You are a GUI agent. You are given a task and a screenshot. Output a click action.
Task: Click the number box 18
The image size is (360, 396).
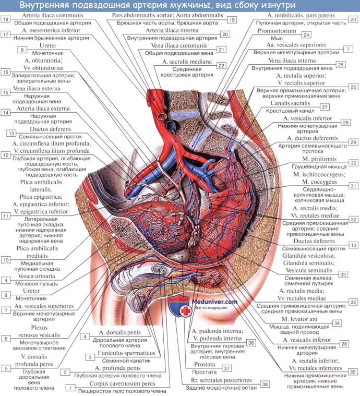click(6, 19)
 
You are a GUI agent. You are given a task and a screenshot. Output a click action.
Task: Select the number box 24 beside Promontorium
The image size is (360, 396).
click(306, 35)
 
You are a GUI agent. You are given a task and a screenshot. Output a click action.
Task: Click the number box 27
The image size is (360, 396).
click(324, 107)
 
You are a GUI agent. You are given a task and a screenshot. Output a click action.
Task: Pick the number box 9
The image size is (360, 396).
click(6, 280)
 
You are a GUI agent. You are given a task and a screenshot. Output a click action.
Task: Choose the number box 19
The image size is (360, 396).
click(232, 19)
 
